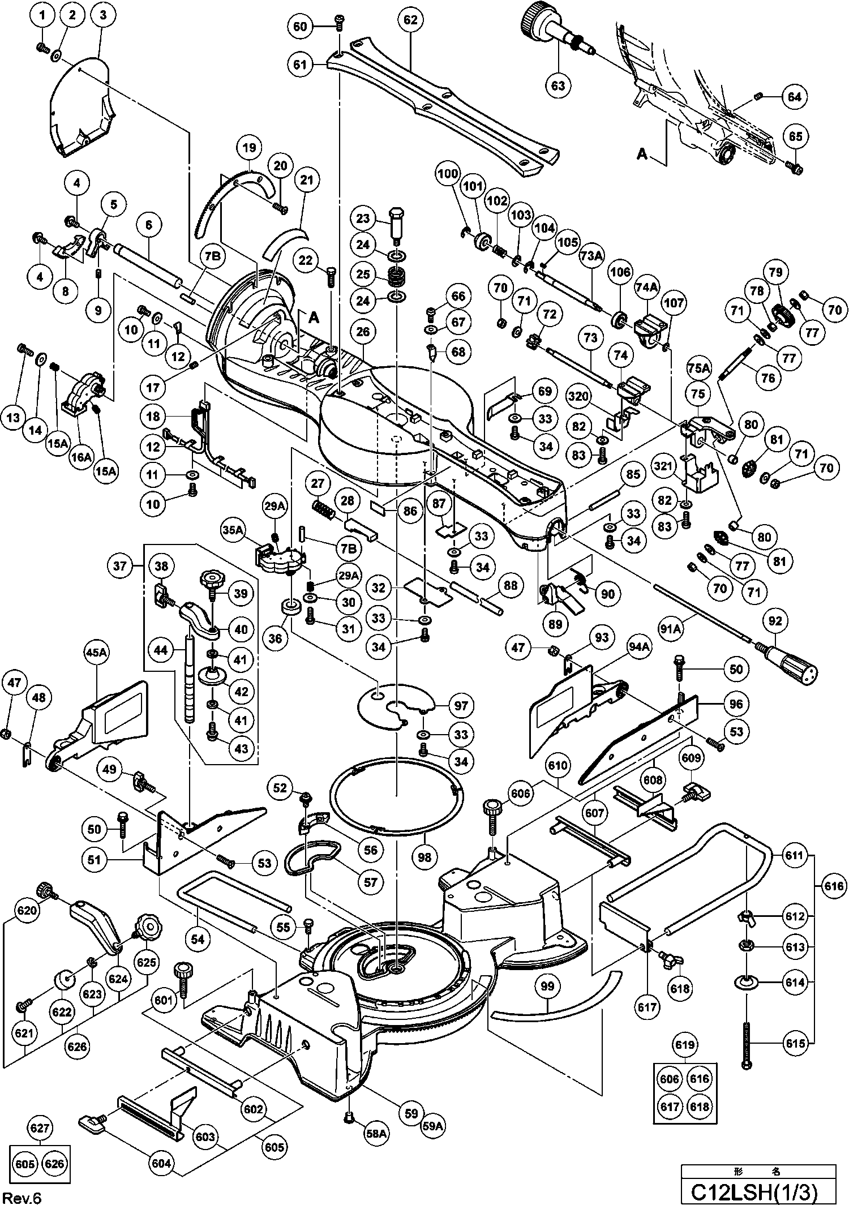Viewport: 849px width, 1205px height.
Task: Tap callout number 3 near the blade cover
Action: [x=103, y=16]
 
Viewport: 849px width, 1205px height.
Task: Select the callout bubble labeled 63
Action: [x=558, y=85]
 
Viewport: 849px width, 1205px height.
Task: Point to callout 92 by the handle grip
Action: [x=775, y=621]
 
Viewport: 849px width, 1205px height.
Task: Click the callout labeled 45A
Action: [x=96, y=653]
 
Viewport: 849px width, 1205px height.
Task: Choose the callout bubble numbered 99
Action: [x=547, y=986]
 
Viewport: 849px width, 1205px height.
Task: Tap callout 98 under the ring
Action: [x=424, y=857]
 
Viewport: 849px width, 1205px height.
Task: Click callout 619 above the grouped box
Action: [x=685, y=1044]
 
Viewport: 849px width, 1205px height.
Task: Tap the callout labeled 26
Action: [x=363, y=332]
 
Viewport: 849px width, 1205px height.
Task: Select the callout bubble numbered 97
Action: [x=461, y=706]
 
